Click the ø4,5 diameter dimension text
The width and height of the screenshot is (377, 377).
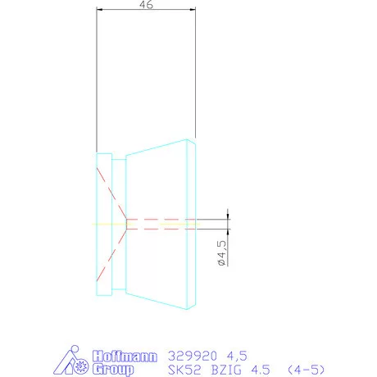coord(220,254)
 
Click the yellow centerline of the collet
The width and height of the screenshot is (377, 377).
coord(111,223)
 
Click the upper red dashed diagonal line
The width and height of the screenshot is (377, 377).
coord(111,195)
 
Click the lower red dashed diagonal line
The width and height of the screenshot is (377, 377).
coord(111,250)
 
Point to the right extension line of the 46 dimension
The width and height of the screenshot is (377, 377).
coord(196,82)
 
